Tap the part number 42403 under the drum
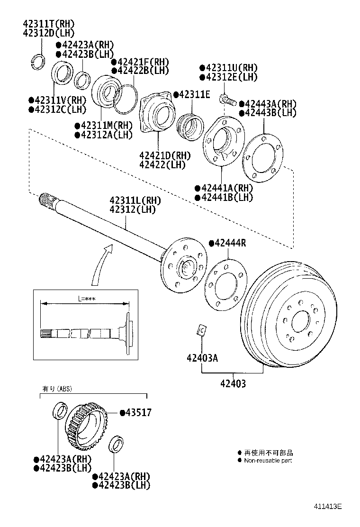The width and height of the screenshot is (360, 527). pos(233,384)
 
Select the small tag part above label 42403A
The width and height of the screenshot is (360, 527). pos(201,330)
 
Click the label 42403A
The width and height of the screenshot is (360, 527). pos(202,358)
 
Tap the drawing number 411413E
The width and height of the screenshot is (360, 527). pos(327,506)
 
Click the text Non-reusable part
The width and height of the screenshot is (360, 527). pos(268,460)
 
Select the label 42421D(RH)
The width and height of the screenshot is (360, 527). pos(165,155)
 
